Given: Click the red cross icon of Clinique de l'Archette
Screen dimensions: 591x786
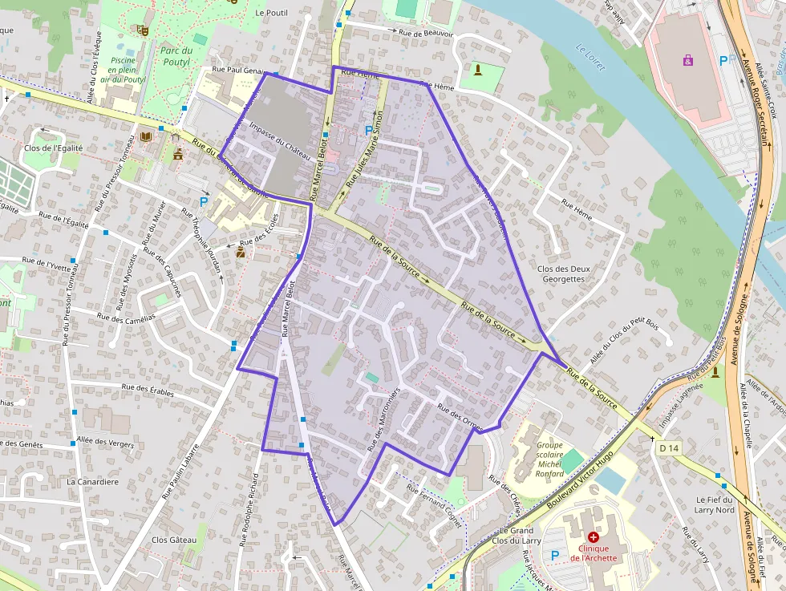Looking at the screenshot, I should (x=593, y=536).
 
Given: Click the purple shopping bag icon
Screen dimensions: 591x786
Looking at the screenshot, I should (x=687, y=59).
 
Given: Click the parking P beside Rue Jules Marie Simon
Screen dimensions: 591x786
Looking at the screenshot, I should (x=368, y=129).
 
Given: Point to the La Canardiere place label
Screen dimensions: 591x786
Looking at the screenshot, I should (x=93, y=482).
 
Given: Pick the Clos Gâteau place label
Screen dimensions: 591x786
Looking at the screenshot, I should (x=174, y=540).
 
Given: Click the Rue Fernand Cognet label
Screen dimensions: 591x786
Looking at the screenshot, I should (x=435, y=504).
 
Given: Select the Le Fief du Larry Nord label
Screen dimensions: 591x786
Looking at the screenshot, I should (x=715, y=504).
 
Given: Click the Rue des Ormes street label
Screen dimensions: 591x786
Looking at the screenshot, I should (x=459, y=417).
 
